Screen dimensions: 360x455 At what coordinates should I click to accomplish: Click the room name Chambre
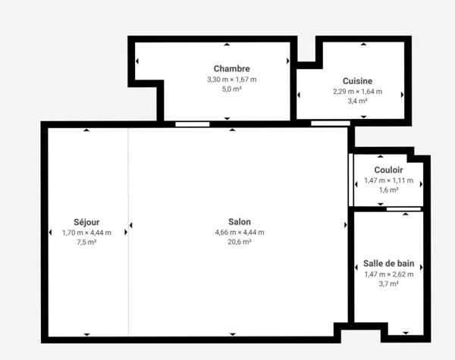coord(231,68)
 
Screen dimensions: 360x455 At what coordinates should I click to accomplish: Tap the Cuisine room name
coord(357,81)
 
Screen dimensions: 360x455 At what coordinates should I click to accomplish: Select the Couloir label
coord(388,170)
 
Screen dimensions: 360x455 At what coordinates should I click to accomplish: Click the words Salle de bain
coord(388,263)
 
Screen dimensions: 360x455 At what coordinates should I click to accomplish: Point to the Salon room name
coord(239,222)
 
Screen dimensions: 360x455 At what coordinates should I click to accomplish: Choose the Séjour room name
coord(86,222)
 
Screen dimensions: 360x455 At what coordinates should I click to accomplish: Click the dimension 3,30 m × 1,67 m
coord(231,79)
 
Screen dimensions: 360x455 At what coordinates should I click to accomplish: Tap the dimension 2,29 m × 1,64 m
coord(357,91)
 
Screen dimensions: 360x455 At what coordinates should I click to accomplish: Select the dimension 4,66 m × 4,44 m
coord(239,233)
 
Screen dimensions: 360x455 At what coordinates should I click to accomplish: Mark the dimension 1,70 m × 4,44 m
coord(86,233)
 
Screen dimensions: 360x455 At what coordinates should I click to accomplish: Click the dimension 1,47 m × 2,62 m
coord(388,274)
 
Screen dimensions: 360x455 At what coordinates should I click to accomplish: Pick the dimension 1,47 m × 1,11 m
coord(388,180)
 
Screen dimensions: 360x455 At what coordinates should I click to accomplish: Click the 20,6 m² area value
coord(239,243)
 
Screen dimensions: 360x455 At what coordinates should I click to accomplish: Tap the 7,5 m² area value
coord(86,243)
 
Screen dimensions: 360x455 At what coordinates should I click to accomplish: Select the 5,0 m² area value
coord(231,89)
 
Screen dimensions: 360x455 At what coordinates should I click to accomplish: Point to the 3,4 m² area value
coord(357,101)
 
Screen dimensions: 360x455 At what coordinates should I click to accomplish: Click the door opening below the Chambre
coord(192,123)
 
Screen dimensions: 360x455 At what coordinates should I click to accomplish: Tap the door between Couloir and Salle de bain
coord(403,208)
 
